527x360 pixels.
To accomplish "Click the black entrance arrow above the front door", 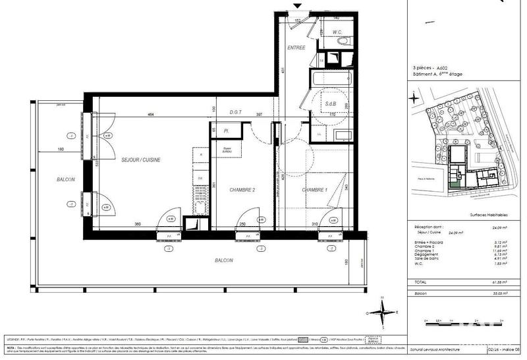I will click(297, 7).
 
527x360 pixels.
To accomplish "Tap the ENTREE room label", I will click(296, 48).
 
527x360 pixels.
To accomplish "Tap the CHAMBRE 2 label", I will click(242, 190).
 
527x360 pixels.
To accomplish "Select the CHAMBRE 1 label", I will click(314, 190).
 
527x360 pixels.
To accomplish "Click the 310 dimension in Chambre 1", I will click(315, 225).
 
